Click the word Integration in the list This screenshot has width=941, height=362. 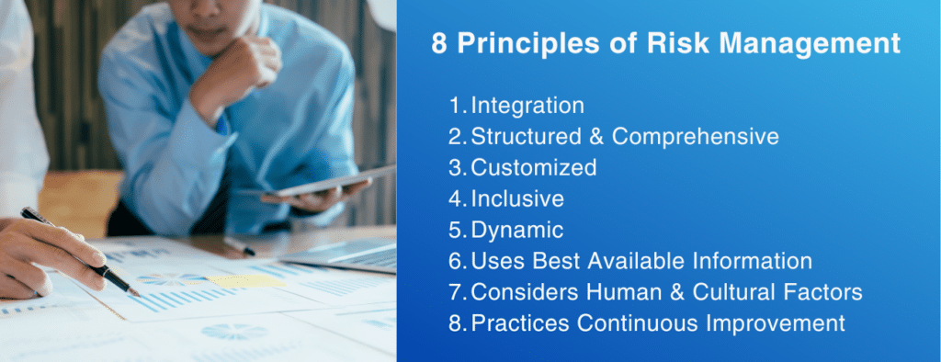click(527, 106)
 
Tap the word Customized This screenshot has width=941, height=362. click(534, 167)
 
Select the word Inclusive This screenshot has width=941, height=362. click(517, 198)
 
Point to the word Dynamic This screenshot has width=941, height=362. click(516, 230)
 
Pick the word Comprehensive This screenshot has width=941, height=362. click(696, 137)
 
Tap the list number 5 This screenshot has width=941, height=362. click(457, 230)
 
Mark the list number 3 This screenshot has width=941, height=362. click(457, 167)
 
